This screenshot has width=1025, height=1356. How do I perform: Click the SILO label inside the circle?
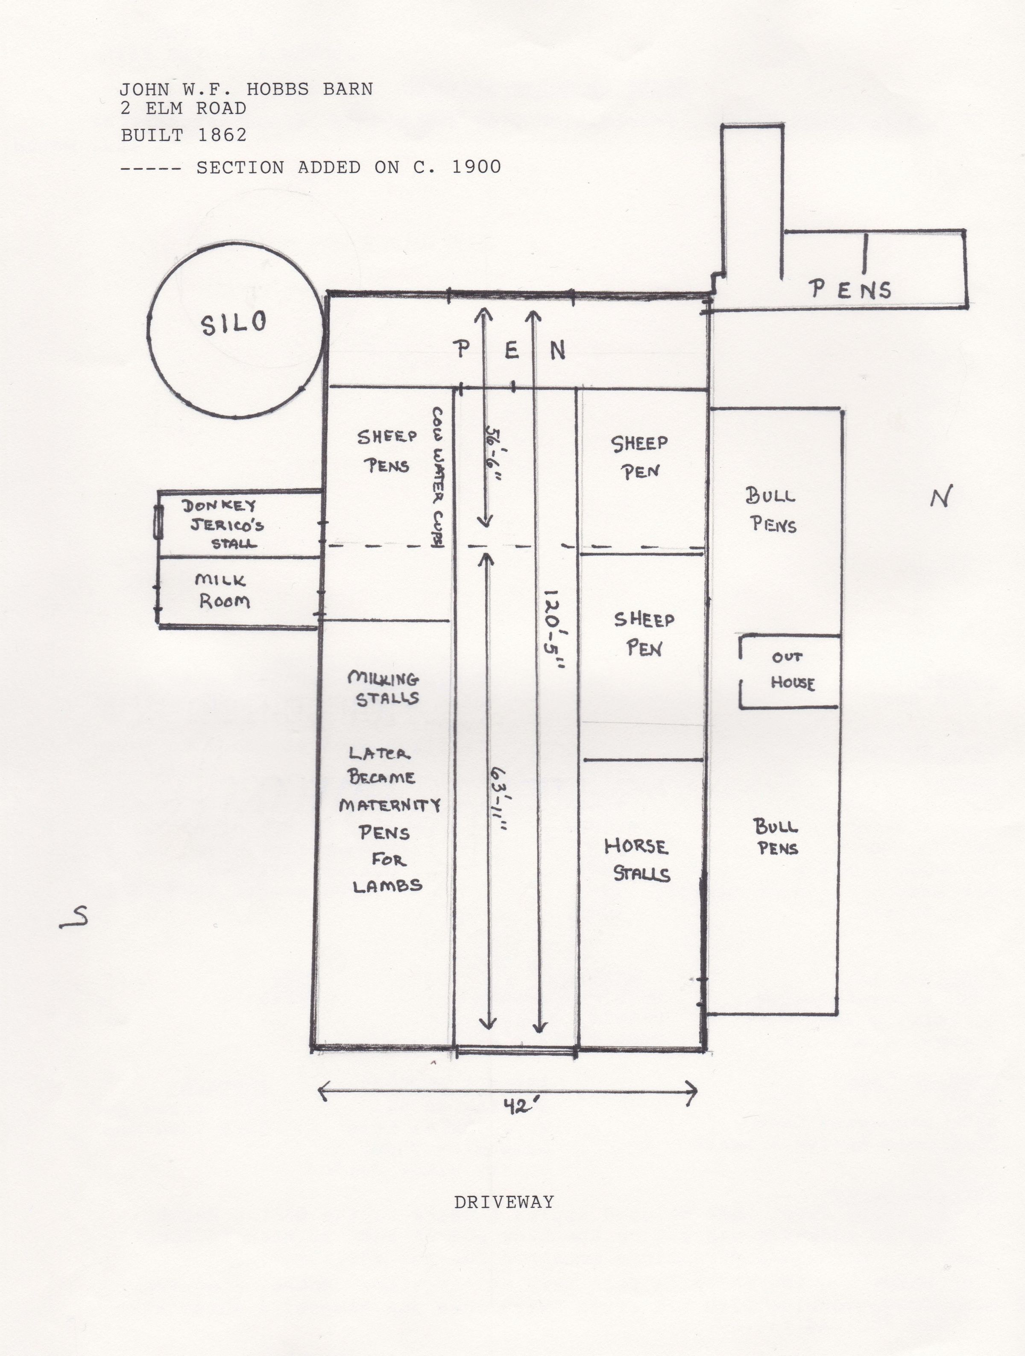234,323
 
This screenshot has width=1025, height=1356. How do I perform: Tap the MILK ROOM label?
223,591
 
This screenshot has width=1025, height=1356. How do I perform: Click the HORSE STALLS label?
637,860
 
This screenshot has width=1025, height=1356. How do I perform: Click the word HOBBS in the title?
278,90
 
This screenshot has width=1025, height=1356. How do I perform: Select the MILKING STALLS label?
384,688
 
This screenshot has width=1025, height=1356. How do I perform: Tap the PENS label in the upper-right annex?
850,289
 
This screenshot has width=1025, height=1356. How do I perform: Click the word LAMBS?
387,885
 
